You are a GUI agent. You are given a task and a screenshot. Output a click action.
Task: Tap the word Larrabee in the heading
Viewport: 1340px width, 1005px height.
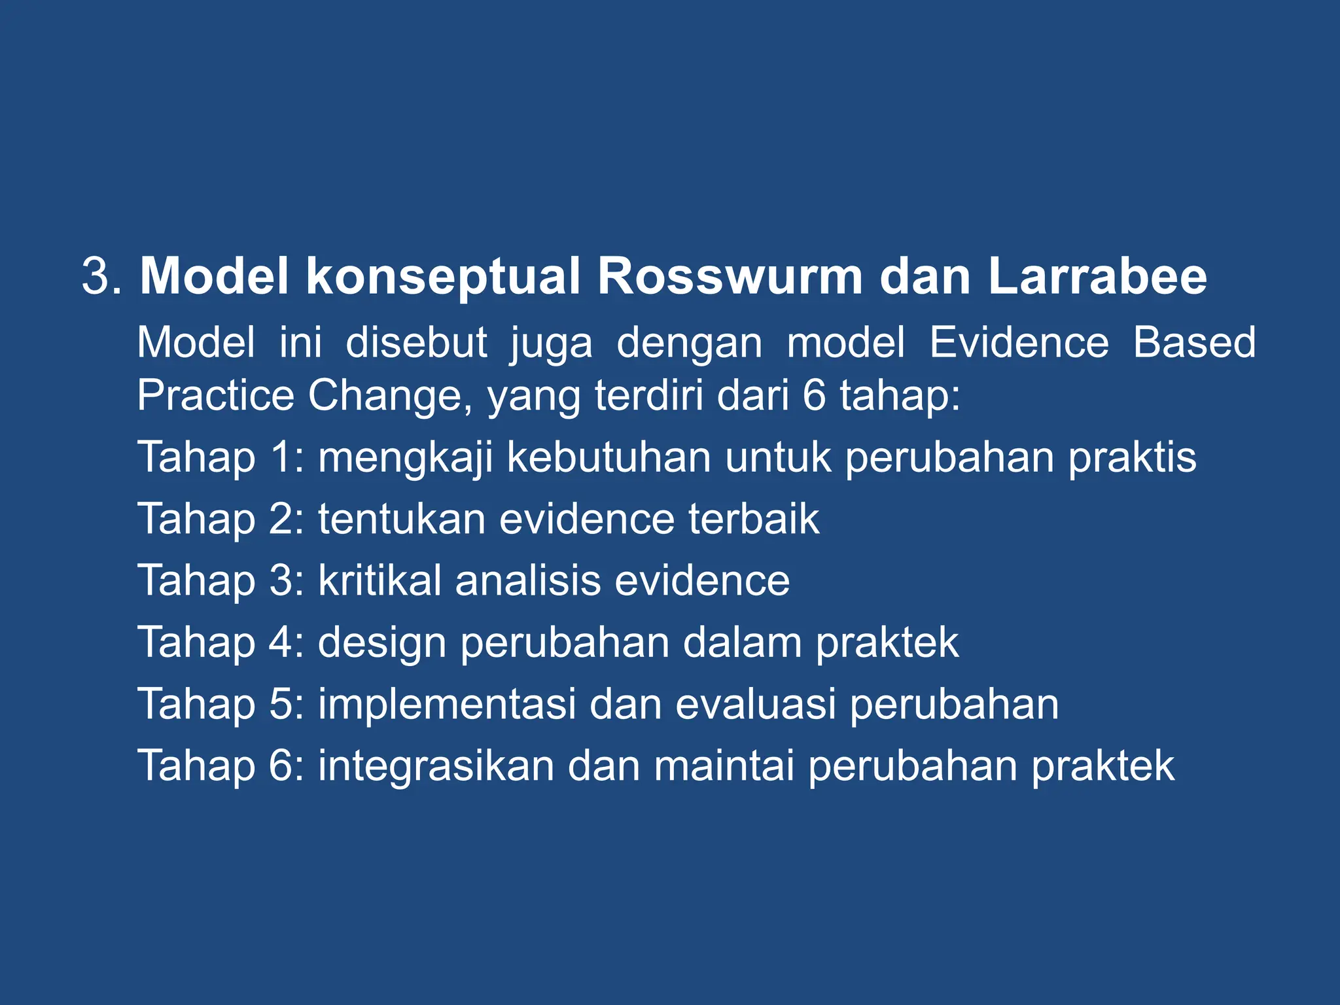(1097, 276)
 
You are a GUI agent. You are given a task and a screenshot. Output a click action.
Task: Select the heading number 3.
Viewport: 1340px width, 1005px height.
(96, 277)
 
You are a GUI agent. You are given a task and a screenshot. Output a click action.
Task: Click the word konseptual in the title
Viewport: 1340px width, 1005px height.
(443, 277)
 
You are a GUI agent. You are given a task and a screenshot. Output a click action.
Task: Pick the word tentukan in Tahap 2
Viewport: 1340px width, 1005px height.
(402, 519)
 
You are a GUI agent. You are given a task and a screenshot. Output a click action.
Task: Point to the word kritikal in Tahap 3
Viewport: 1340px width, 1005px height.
(379, 580)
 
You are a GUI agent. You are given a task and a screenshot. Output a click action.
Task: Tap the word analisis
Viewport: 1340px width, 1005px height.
(528, 580)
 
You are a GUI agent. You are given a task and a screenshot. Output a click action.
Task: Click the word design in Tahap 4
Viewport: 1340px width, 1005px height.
(382, 643)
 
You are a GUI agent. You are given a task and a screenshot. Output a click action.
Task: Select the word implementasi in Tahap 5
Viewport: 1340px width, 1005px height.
(447, 705)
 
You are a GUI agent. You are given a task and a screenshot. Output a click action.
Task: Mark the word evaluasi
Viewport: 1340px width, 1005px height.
(755, 704)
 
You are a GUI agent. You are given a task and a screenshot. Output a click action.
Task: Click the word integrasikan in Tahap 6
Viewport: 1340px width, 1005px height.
(436, 767)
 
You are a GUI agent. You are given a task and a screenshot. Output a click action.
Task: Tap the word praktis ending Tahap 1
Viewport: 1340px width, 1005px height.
(1133, 458)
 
